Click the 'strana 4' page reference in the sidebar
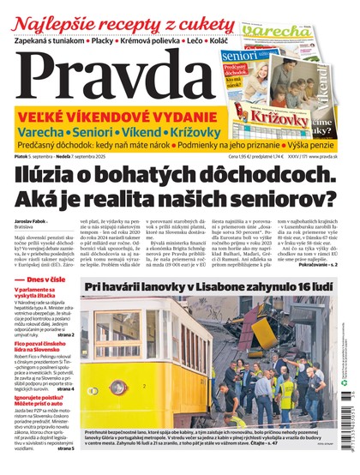60,389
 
